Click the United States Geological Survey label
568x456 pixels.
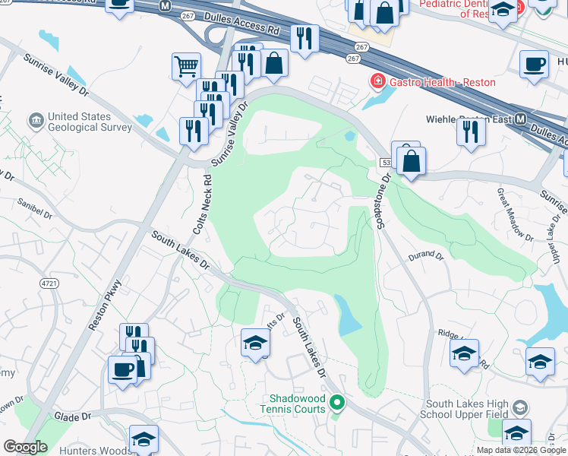(90, 122)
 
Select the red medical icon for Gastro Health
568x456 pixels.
(376, 81)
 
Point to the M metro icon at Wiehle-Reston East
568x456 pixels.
(521, 119)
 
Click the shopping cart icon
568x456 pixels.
(186, 65)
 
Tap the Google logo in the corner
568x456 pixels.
(25, 448)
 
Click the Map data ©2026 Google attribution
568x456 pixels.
(521, 450)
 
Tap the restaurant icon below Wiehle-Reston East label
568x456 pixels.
(471, 132)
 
